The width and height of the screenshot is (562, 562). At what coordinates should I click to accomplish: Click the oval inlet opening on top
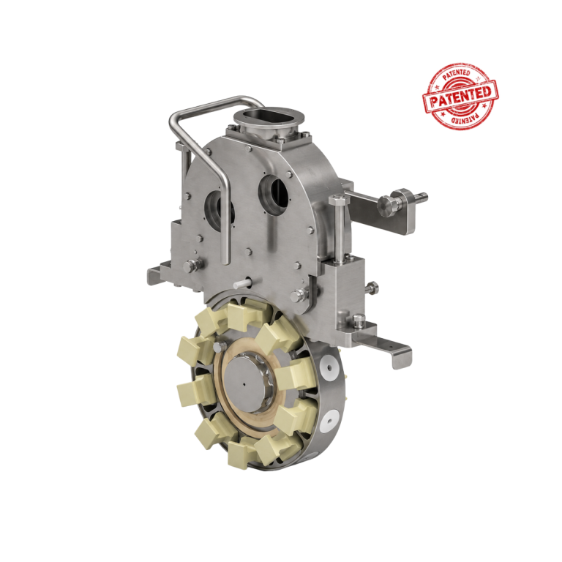coord(269,116)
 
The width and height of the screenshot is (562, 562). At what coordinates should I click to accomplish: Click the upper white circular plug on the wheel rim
coord(329,368)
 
